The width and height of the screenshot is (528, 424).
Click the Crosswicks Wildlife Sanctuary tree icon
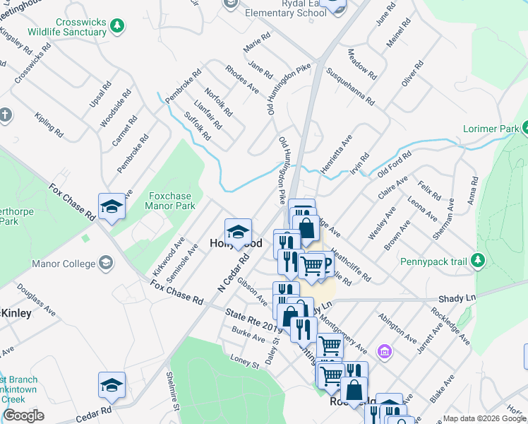118,25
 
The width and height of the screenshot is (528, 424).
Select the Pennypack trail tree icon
479,261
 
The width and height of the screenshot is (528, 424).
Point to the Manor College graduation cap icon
106,264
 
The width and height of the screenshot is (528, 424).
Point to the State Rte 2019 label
253,318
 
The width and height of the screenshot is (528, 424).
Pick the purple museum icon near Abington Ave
384,351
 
